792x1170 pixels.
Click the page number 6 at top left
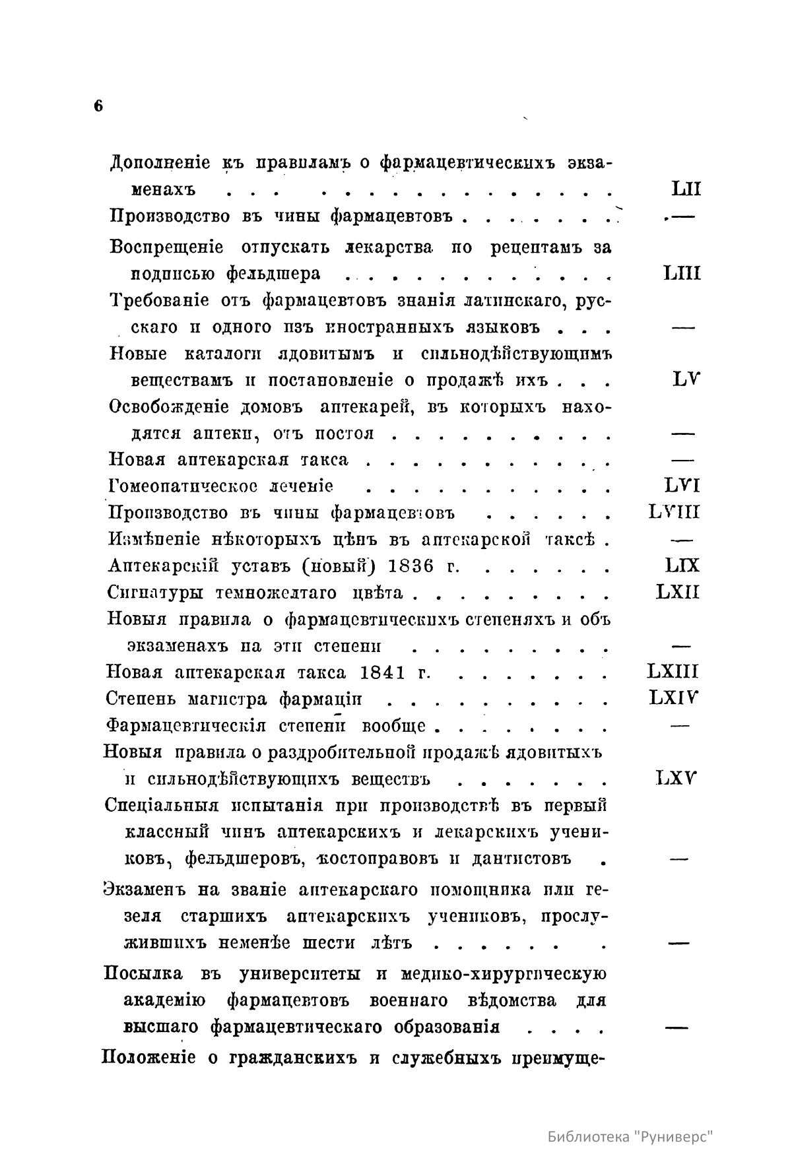(x=98, y=106)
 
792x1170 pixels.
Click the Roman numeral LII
(x=685, y=190)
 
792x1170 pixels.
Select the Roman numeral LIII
(x=682, y=273)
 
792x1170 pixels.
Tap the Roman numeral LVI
(x=682, y=486)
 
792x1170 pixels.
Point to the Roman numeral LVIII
(x=675, y=512)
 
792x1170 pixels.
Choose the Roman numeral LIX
(x=682, y=565)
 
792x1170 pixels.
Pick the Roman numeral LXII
(x=678, y=591)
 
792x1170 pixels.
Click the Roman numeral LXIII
(x=673, y=672)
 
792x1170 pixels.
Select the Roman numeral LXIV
(x=675, y=698)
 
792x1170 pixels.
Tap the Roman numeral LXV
(x=678, y=778)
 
